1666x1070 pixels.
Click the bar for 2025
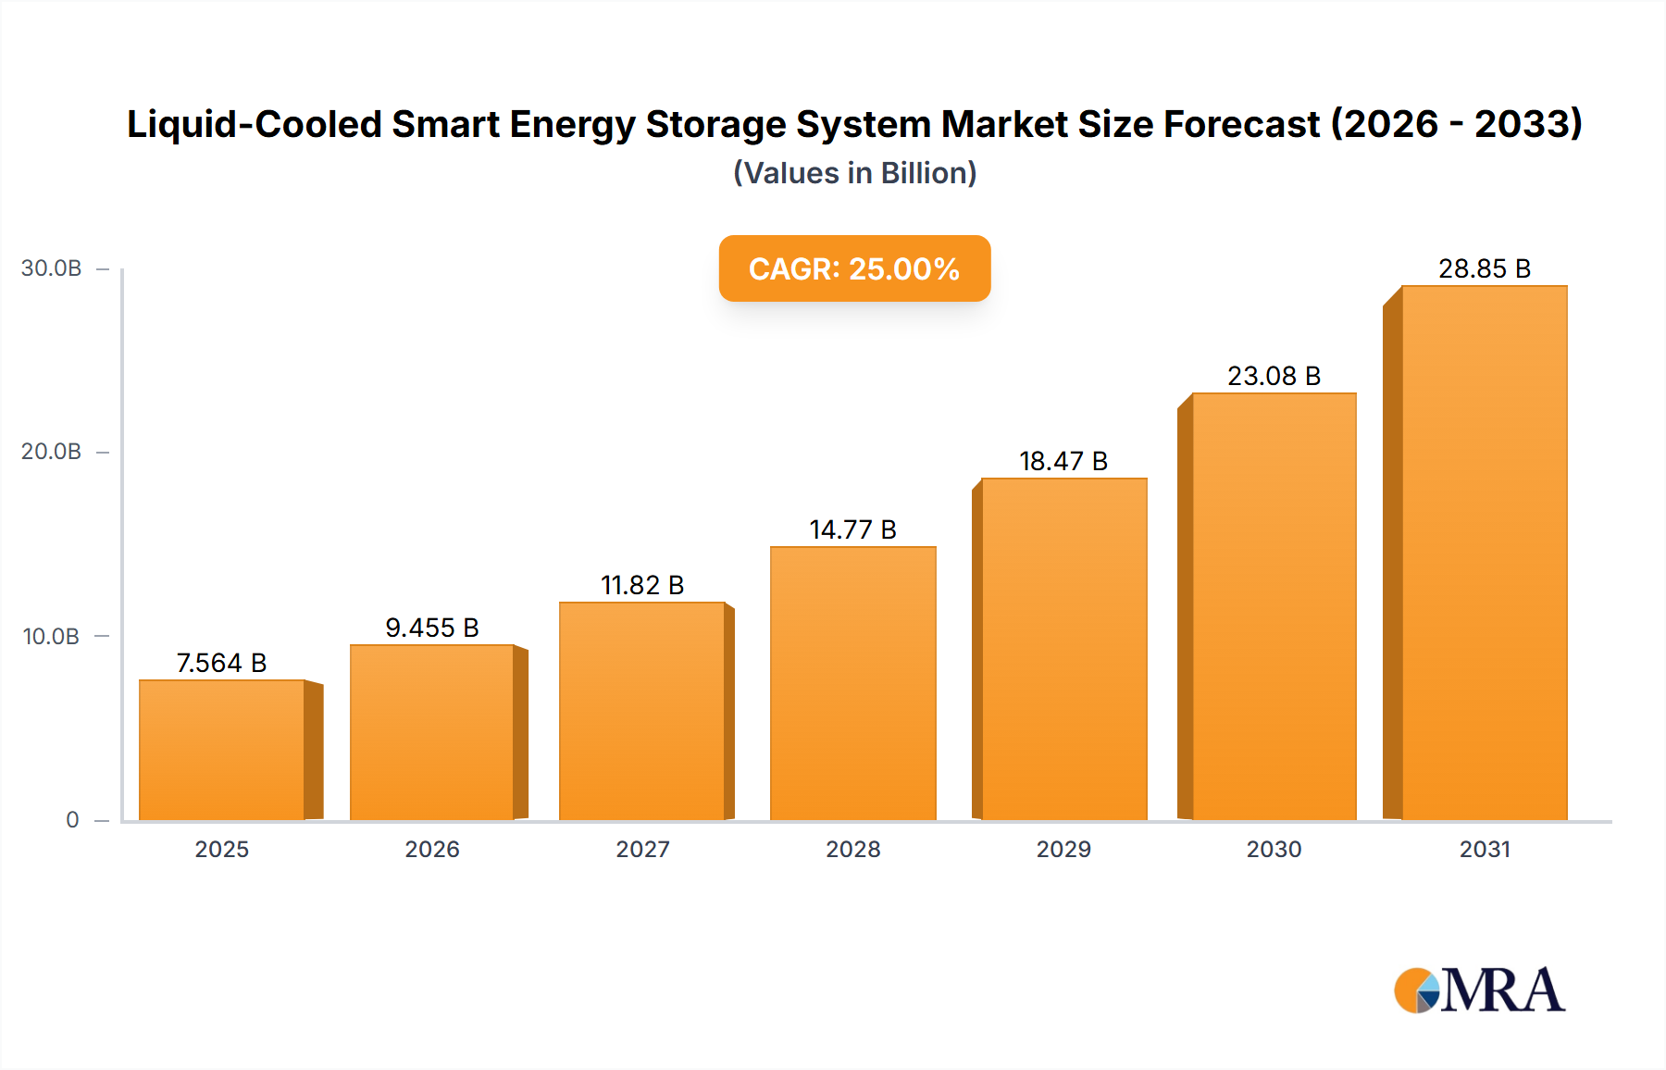click(222, 750)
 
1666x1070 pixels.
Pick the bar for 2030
click(1274, 606)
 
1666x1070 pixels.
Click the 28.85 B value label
click(1485, 268)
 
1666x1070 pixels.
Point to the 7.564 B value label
click(222, 663)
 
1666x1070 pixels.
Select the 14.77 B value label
click(853, 529)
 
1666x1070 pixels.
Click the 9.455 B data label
click(432, 628)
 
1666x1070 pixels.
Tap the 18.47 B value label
click(1063, 461)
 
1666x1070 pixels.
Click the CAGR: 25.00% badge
click(854, 268)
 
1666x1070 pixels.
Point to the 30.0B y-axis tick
click(51, 268)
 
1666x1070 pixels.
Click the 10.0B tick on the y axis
click(51, 637)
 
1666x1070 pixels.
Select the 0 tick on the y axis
click(72, 820)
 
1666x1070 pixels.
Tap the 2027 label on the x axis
click(642, 849)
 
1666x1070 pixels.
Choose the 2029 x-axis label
click(1063, 849)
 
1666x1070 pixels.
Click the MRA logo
click(1479, 990)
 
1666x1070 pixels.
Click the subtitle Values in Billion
click(854, 173)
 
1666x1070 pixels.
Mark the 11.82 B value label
click(642, 585)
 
